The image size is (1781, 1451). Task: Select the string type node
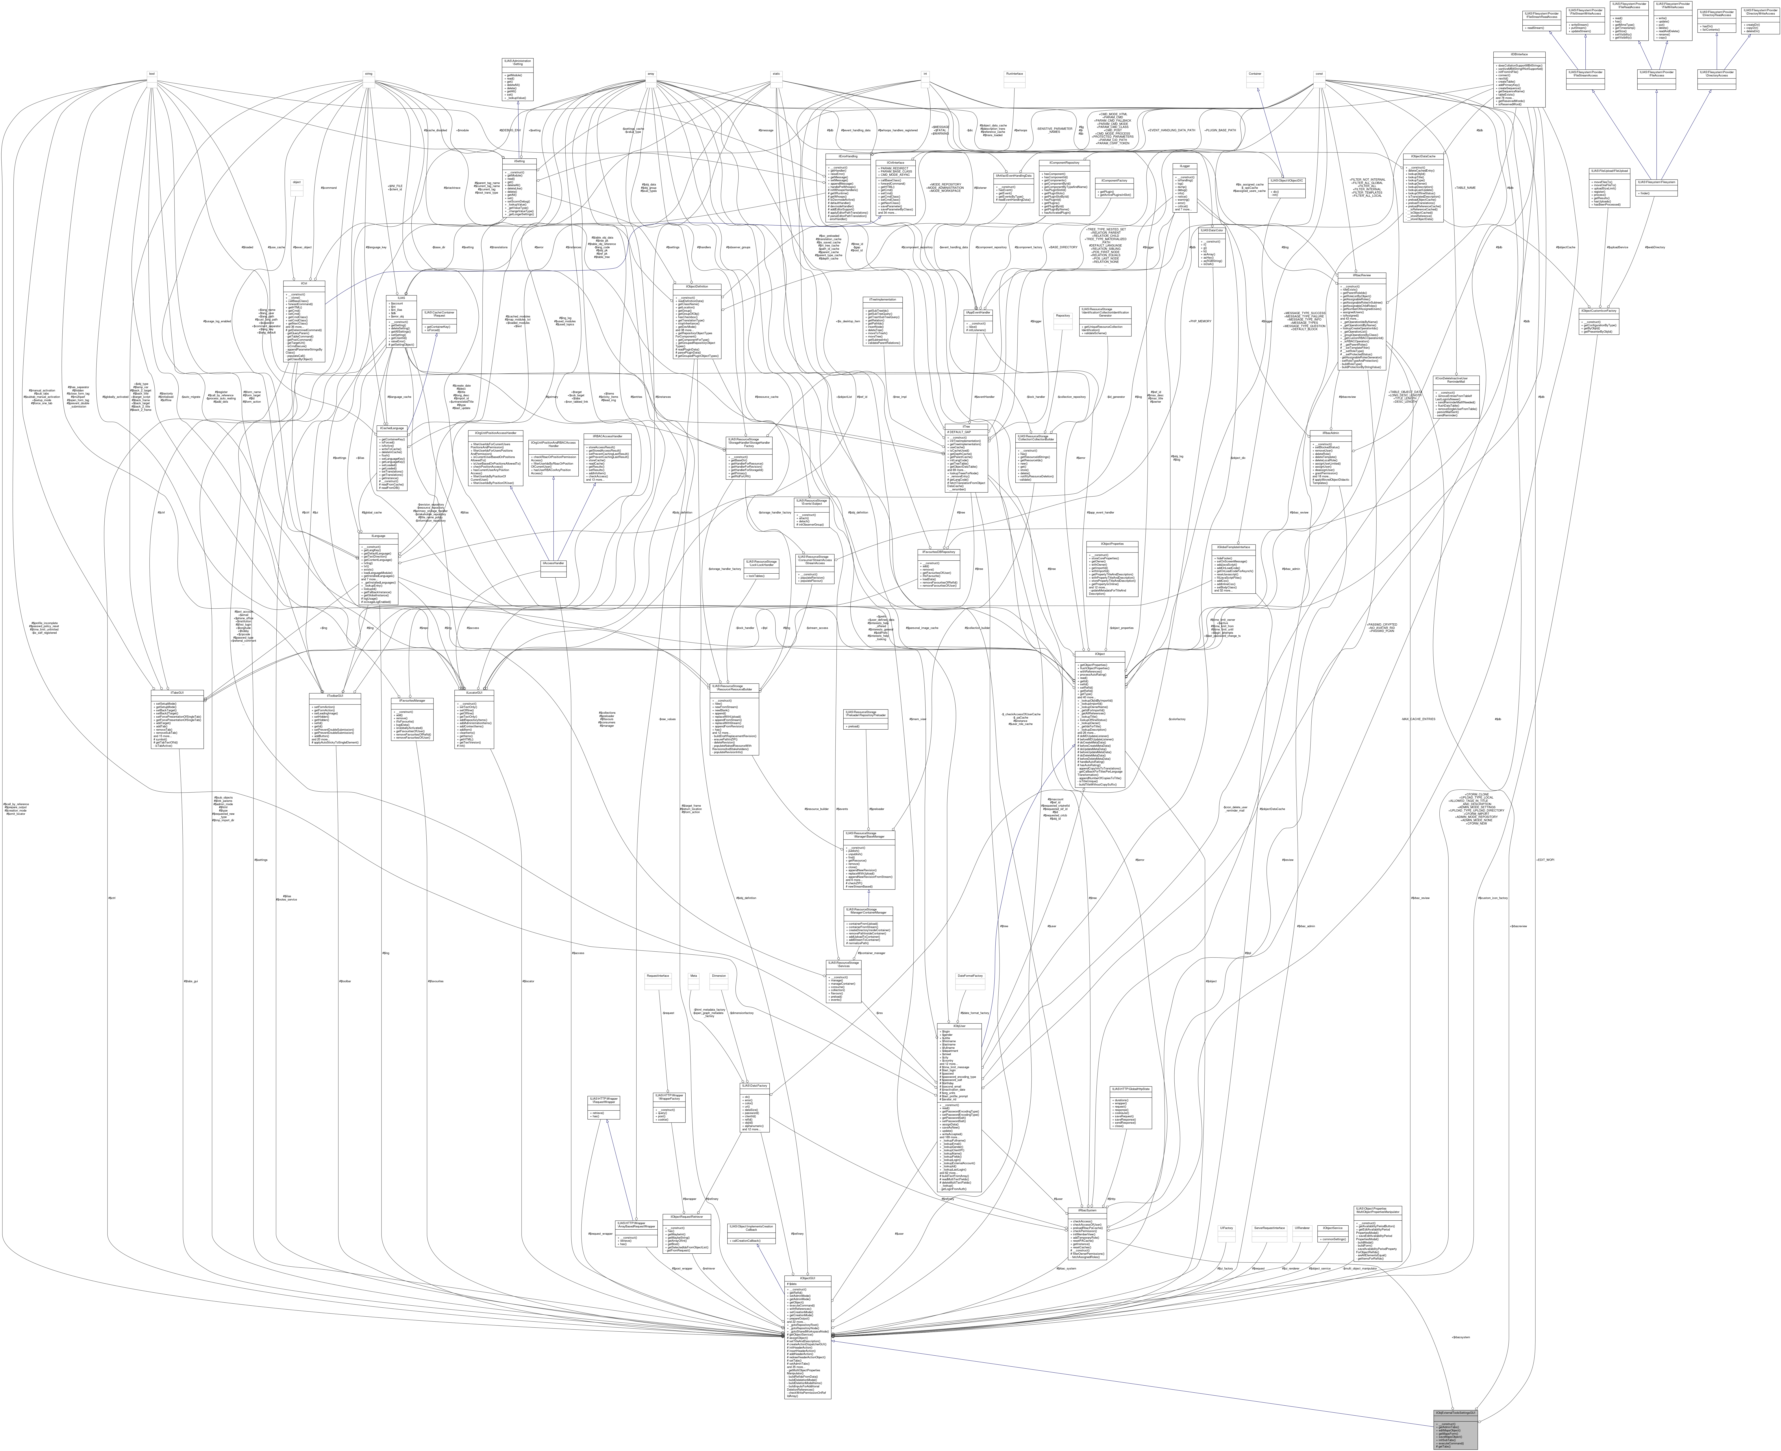tap(368, 74)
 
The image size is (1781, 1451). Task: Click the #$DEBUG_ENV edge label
tap(510, 130)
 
